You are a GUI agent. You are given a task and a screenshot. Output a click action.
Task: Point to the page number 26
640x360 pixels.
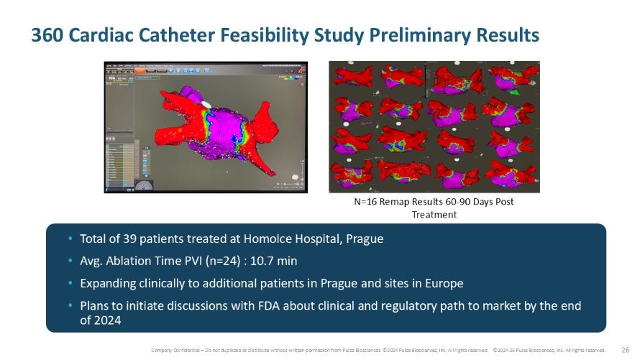625,350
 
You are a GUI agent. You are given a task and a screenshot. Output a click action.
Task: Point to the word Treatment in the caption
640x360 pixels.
434,214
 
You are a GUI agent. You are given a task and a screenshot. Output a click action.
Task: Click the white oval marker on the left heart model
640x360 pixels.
207,105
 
